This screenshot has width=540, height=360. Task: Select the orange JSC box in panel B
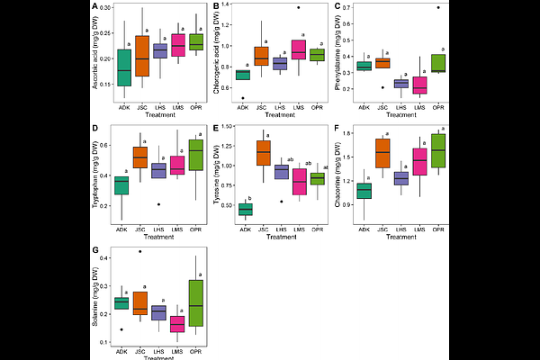point(261,56)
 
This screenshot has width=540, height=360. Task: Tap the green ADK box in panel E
point(244,209)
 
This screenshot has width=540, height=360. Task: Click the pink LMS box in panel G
point(177,323)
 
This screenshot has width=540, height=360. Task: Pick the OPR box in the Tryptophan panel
point(200,155)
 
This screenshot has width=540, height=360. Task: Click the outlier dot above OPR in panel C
point(438,8)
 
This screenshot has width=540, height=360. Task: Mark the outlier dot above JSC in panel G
point(139,251)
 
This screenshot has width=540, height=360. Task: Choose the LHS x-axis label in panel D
point(159,229)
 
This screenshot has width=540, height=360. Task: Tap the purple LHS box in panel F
point(401,178)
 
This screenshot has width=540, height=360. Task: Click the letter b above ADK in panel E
point(248,198)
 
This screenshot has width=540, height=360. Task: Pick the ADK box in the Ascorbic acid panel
point(124,68)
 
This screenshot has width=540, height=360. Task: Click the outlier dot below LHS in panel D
point(159,204)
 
